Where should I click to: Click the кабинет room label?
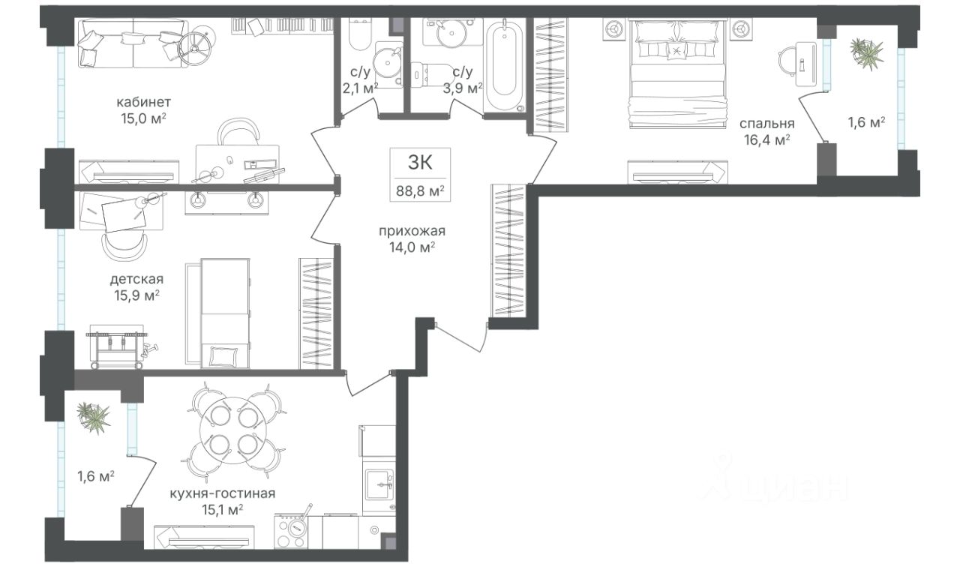pos(143,102)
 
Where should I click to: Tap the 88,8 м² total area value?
pos(420,190)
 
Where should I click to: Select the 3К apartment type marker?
pos(420,163)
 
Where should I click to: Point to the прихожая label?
pos(412,231)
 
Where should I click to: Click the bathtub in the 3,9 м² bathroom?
pos(505,64)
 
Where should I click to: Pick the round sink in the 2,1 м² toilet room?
pos(388,63)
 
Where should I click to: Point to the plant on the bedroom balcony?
pos(866,53)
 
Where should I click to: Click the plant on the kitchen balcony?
pos(94,417)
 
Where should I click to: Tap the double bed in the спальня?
pos(677,73)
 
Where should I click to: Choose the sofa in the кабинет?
pos(133,43)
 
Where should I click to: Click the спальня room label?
pos(767,124)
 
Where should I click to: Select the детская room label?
pos(136,279)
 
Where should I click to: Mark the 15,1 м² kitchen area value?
pos(223,509)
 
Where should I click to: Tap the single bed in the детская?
pos(224,313)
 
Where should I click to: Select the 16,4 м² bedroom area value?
pos(767,139)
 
